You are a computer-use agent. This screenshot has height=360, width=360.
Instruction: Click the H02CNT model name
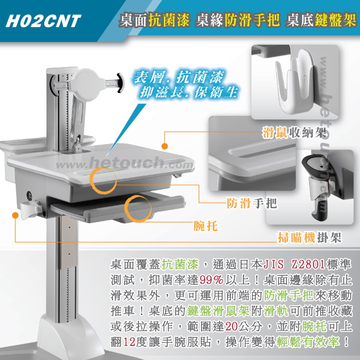point(43,21)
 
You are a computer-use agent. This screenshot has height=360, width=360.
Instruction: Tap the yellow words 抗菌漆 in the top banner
point(169,19)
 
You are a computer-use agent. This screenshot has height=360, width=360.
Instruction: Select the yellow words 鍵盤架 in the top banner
point(336,19)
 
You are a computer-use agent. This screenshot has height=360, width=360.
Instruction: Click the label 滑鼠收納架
point(295,132)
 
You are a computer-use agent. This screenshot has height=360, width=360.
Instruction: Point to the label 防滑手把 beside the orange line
point(252,203)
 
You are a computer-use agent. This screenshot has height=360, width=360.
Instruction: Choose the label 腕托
point(205,225)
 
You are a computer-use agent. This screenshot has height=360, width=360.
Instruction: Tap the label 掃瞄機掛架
point(310,237)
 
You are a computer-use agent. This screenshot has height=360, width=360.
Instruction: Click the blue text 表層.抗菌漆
point(179,77)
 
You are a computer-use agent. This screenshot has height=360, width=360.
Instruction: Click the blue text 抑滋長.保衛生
point(188,92)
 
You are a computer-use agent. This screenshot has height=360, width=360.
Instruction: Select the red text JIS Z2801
point(294,264)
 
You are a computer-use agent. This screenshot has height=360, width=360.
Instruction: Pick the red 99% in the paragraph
point(211,280)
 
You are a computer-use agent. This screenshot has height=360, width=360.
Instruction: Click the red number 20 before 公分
point(231,326)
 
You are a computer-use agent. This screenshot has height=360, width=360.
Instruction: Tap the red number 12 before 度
point(129,342)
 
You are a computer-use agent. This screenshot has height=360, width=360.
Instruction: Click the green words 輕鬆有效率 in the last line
point(308,342)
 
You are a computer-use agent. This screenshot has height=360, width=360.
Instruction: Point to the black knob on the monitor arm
point(120,83)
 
